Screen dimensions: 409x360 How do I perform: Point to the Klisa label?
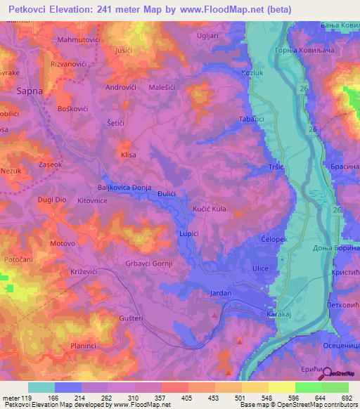[x=128, y=155]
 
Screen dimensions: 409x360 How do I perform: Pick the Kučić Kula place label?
[x=210, y=209]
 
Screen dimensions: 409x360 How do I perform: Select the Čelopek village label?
[x=275, y=239]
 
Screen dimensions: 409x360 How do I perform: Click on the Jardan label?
[x=220, y=293]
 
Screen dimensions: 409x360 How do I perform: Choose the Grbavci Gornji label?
[x=149, y=264]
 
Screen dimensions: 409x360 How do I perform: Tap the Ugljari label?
[x=210, y=34]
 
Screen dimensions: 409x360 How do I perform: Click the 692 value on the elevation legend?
[x=346, y=398]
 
